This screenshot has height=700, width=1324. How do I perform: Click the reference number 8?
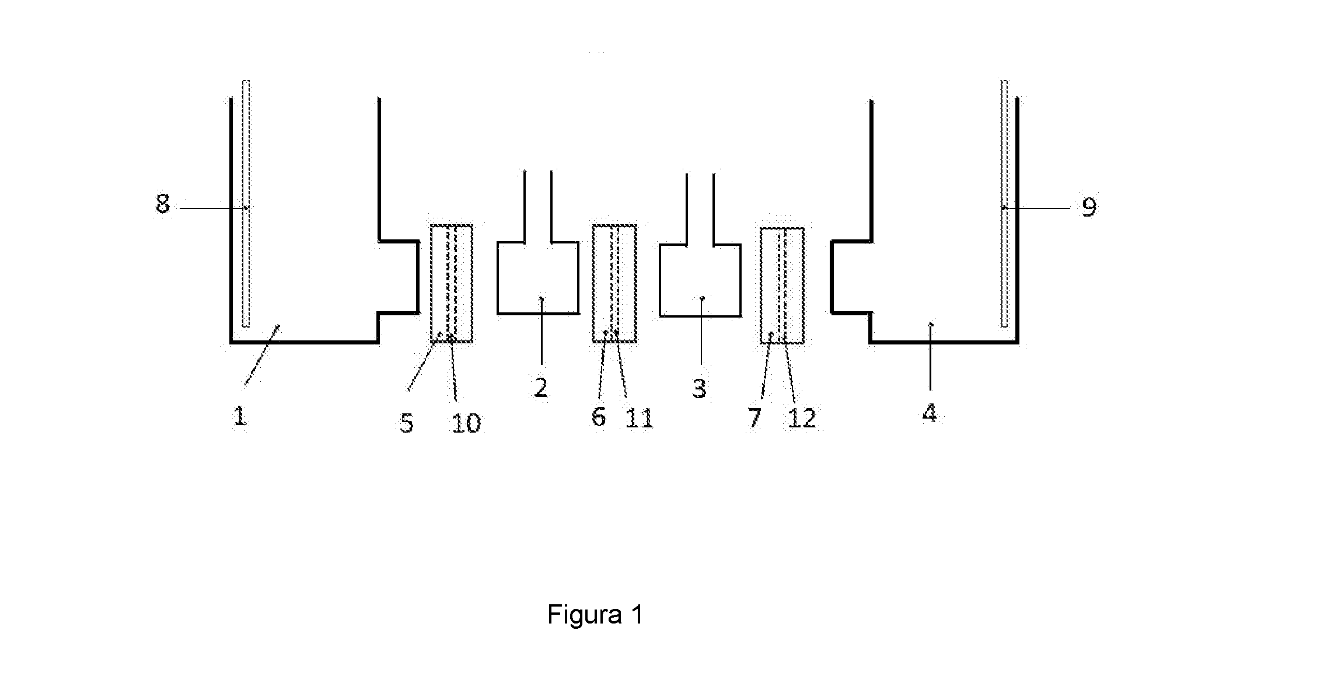(x=163, y=205)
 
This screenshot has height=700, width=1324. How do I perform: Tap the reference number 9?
(x=1089, y=207)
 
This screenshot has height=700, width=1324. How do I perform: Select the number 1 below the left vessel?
(x=239, y=416)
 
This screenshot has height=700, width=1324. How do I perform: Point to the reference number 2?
(x=541, y=388)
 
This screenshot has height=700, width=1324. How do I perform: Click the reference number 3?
(x=700, y=388)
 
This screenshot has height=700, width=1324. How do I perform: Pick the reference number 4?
(x=930, y=413)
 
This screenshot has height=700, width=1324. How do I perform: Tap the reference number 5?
(x=407, y=423)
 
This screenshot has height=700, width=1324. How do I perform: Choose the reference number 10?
(x=466, y=423)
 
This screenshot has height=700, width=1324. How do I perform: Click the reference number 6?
(x=599, y=417)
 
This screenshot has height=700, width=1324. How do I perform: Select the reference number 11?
(x=640, y=418)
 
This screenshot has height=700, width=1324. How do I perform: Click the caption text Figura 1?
(x=595, y=615)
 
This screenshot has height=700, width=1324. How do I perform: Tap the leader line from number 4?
(x=930, y=356)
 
